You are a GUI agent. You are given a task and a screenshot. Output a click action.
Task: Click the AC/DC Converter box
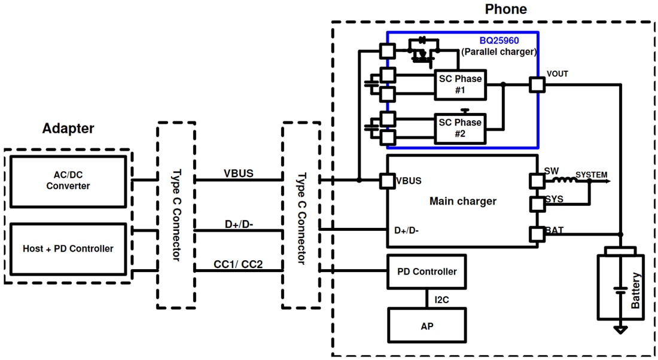point(68,181)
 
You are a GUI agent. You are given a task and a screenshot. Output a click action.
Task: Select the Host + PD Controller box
point(68,249)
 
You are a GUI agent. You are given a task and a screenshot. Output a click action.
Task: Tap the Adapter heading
point(68,129)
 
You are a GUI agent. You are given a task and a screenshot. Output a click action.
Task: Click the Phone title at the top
point(505,10)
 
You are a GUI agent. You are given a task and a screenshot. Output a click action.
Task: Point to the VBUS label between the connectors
point(239,173)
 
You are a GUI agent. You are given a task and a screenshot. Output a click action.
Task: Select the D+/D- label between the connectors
point(239,224)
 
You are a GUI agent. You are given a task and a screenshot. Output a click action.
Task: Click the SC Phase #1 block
point(460,84)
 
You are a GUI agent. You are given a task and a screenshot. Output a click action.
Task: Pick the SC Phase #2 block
point(460,128)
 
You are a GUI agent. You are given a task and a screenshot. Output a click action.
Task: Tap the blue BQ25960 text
point(499,41)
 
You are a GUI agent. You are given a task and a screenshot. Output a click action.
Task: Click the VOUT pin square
point(537,84)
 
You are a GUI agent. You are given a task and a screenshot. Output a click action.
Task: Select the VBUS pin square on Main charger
point(388,181)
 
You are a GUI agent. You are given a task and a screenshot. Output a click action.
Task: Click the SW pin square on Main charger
point(537,181)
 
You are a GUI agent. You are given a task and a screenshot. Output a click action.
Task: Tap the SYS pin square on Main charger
point(537,205)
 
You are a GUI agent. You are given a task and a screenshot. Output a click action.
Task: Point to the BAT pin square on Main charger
point(537,234)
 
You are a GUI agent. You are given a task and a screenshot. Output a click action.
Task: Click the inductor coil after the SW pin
point(562,180)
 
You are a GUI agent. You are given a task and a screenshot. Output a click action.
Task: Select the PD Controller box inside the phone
point(427,271)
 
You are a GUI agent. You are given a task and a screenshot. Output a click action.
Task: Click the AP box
point(427,326)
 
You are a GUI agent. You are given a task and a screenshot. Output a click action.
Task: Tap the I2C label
point(441,299)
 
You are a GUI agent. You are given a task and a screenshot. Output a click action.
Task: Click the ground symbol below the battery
point(621,330)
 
